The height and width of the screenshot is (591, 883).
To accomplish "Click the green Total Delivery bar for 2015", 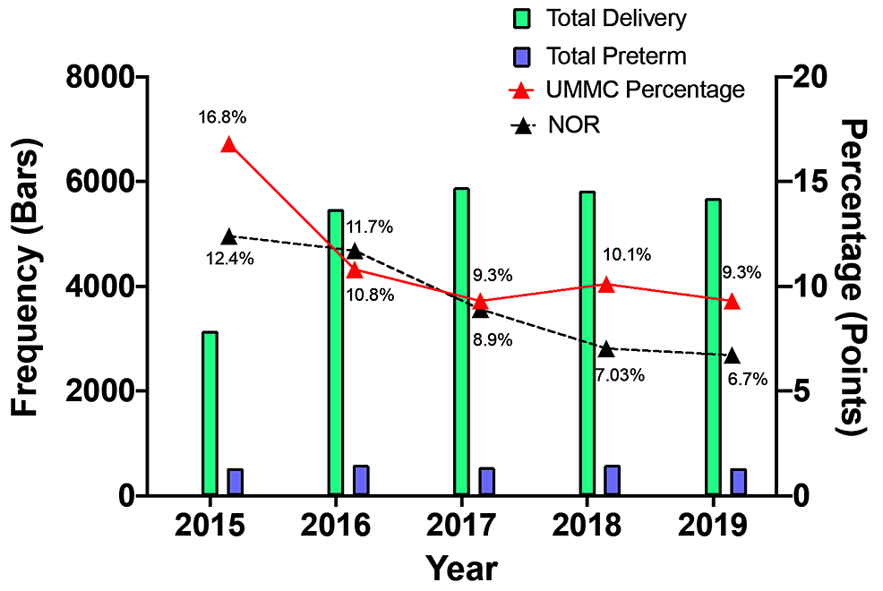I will click(x=210, y=413).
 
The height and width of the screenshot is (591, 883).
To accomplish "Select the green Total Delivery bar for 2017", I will click(x=461, y=341).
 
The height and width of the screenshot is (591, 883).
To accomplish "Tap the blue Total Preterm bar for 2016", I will click(x=361, y=480).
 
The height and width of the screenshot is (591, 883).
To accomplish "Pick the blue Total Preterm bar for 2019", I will click(x=738, y=481).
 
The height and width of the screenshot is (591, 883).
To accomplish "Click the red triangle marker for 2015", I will click(x=228, y=145).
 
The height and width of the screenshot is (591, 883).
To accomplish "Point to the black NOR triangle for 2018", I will click(x=606, y=349).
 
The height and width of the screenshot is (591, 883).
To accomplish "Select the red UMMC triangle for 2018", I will click(x=606, y=285).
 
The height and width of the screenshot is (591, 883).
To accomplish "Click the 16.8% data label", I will click(x=223, y=116).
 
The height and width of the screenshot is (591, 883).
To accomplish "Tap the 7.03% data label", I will click(x=620, y=375).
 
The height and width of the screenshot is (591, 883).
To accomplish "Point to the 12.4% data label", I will click(x=231, y=260).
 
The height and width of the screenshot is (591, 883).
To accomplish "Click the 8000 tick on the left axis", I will click(x=99, y=78).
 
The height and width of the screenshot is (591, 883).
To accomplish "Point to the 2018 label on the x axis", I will click(x=587, y=526).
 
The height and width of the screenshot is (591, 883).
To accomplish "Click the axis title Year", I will click(x=461, y=568).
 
